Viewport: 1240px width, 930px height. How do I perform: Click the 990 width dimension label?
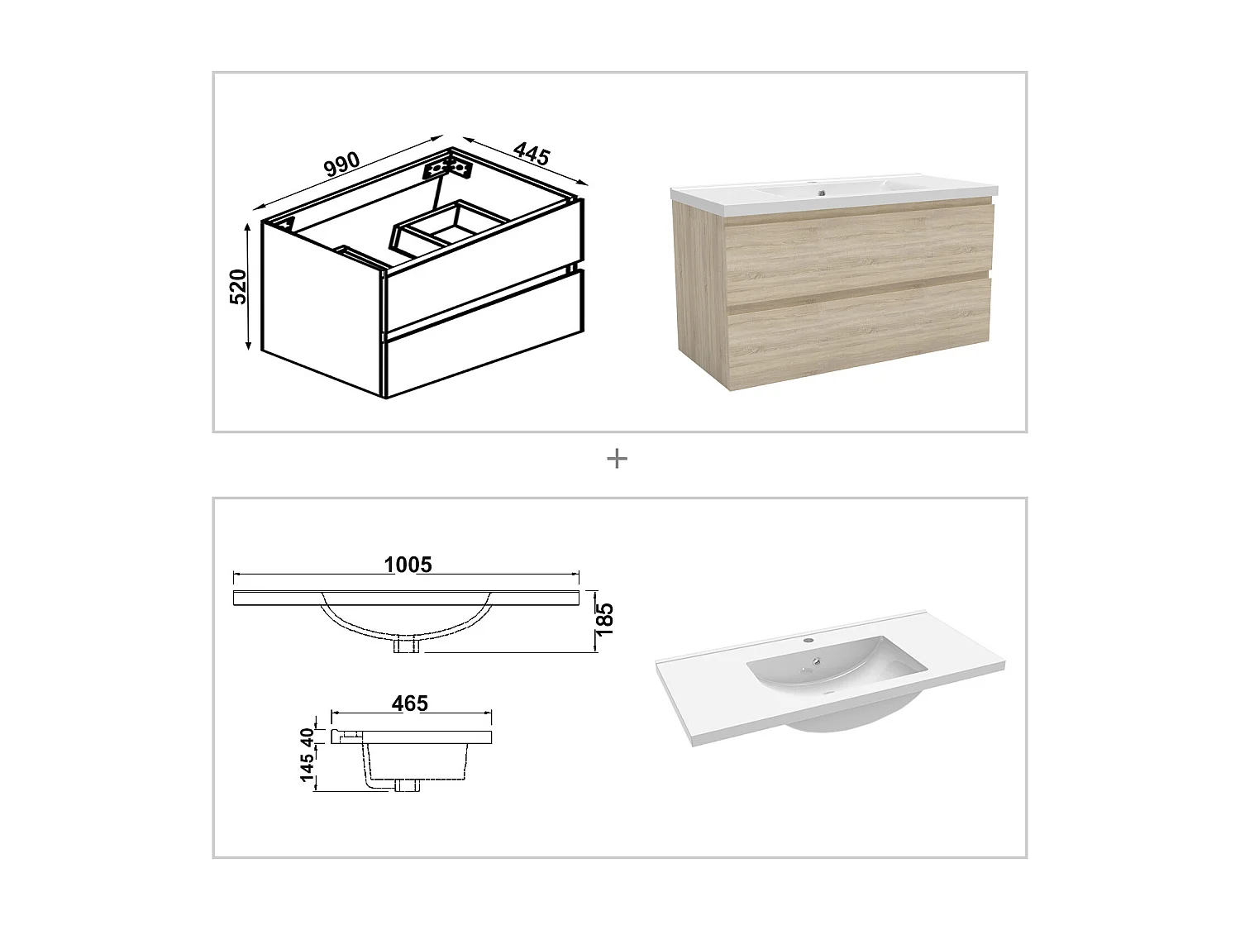click(x=341, y=164)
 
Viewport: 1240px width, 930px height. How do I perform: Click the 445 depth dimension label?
click(x=532, y=154)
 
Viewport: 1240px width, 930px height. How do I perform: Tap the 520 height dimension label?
click(x=238, y=286)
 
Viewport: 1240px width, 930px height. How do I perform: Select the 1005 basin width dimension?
click(x=408, y=565)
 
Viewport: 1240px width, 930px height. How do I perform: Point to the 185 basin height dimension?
click(x=605, y=618)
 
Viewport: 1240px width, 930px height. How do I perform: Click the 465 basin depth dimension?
click(x=410, y=703)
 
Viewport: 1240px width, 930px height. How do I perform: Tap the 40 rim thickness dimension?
click(x=308, y=735)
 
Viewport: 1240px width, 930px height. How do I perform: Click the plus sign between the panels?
click(x=617, y=459)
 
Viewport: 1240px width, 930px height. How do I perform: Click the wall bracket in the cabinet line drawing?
click(x=447, y=168)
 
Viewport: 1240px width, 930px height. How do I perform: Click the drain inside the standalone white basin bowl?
click(x=817, y=661)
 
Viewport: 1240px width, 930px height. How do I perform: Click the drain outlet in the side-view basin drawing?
click(x=407, y=786)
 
